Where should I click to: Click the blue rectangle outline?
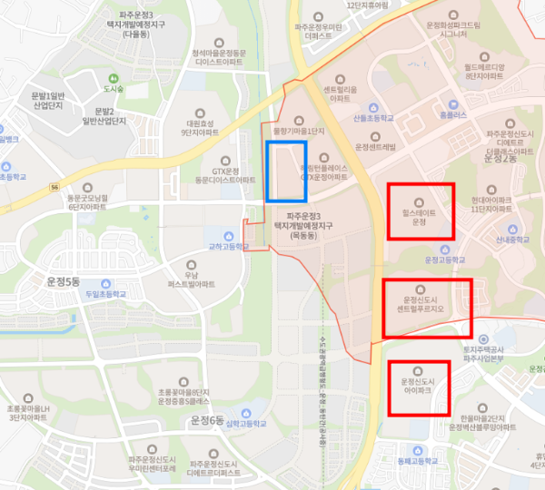click(x=286, y=171)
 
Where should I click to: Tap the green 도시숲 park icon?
click(x=113, y=78)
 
